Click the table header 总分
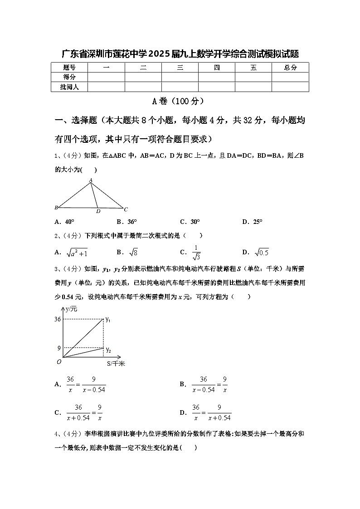pyautogui.click(x=290, y=68)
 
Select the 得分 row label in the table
pyautogui.click(x=69, y=77)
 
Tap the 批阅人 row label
pyautogui.click(x=69, y=87)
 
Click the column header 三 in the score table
pyautogui.click(x=180, y=68)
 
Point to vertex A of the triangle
pyautogui.click(x=91, y=180)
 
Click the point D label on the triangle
pyautogui.click(x=98, y=211)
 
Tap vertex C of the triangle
pyautogui.click(x=126, y=209)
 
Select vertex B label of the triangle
pyautogui.click(x=56, y=208)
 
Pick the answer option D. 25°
pyautogui.click(x=252, y=222)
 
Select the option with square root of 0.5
pyautogui.click(x=258, y=252)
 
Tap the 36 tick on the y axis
pyautogui.click(x=58, y=319)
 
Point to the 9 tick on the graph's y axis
pyautogui.click(x=59, y=348)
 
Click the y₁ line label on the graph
pyautogui.click(x=108, y=320)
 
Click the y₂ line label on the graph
pyautogui.click(x=108, y=349)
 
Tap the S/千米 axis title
pyautogui.click(x=116, y=363)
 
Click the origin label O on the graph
pyautogui.click(x=58, y=361)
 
